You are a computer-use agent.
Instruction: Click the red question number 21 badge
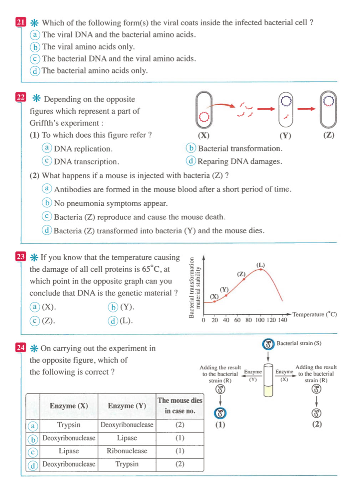pos(21,22)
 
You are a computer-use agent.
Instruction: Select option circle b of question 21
pos(35,47)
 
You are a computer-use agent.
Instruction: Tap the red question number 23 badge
pos(21,256)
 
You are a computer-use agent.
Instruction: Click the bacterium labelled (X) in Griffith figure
pos(204,110)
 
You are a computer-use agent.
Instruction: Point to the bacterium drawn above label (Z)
pos(328,109)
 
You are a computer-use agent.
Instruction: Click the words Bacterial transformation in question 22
pos(240,148)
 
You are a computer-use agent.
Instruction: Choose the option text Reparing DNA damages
pos(239,162)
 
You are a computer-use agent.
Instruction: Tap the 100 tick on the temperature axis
pos(260,320)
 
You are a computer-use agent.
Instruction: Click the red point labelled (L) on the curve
pos(261,269)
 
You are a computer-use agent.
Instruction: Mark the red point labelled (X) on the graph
pos(214,301)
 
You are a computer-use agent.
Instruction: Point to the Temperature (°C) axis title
pos(314,314)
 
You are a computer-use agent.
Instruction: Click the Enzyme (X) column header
pos(69,406)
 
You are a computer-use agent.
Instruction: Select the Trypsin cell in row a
pos(69,425)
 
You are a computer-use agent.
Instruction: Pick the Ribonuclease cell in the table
pos(127,451)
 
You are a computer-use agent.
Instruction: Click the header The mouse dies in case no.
pos(180,406)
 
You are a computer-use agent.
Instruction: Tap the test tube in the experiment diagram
pos(268,380)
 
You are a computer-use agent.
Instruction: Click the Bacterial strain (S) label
pos(299,343)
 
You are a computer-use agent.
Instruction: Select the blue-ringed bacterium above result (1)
pos(220,413)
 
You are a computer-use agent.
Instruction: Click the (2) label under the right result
pos(317,424)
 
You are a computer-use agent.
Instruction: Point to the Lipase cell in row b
pos(127,438)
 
